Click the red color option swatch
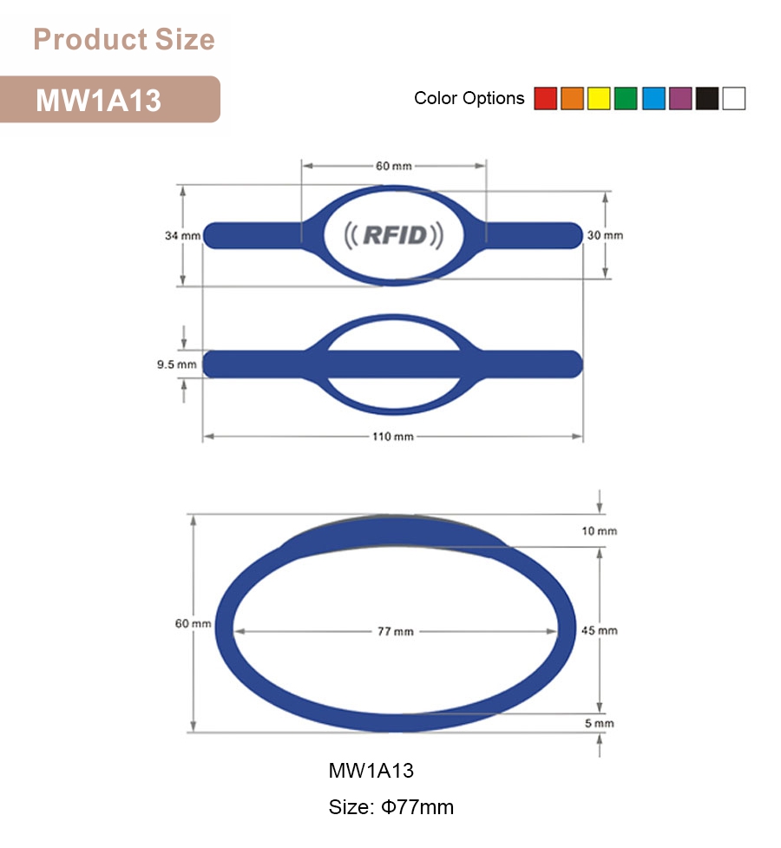click(545, 99)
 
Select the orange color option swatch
click(572, 99)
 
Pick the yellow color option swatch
click(599, 99)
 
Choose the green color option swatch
click(626, 99)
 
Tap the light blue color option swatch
click(653, 99)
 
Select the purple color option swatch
click(679, 99)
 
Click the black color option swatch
click(706, 99)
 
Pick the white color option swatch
click(733, 99)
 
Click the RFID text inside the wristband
click(394, 234)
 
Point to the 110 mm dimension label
click(393, 436)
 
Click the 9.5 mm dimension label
click(176, 365)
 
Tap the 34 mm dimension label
click(182, 235)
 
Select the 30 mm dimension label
click(605, 235)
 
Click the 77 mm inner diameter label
click(395, 631)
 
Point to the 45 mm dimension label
click(600, 629)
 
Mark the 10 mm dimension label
click(599, 530)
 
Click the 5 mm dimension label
click(599, 723)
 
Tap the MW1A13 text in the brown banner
click(98, 100)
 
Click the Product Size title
click(123, 39)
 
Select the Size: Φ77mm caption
click(390, 807)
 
